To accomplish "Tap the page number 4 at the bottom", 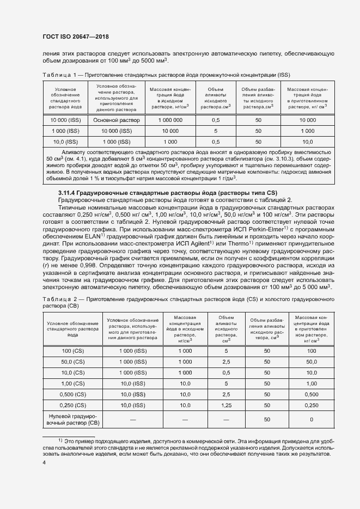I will pyautogui.click(x=44, y=462).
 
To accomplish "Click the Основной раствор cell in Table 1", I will pyautogui.click(x=116, y=120).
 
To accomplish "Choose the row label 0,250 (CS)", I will pyautogui.click(x=73, y=405).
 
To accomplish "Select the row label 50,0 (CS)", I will pyautogui.click(x=73, y=361).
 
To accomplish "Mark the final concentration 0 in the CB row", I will pyautogui.click(x=311, y=420).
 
